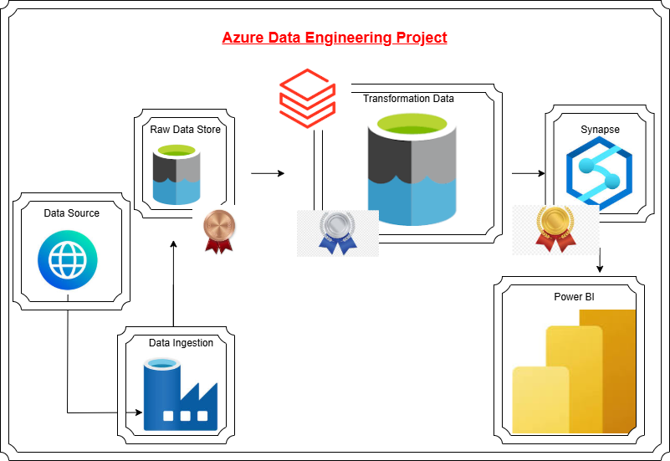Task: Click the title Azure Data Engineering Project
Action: coord(335,38)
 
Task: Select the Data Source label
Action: coord(72,213)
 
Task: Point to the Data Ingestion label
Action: coord(182,343)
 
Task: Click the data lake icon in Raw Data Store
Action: coord(176,175)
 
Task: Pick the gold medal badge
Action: coord(555,228)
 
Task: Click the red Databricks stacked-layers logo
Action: coord(307,99)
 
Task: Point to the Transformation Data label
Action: coord(408,99)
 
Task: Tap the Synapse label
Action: coord(601,130)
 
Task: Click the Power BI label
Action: coord(574,297)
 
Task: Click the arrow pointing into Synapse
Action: coord(528,174)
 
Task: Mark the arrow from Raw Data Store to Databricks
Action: coord(268,174)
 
